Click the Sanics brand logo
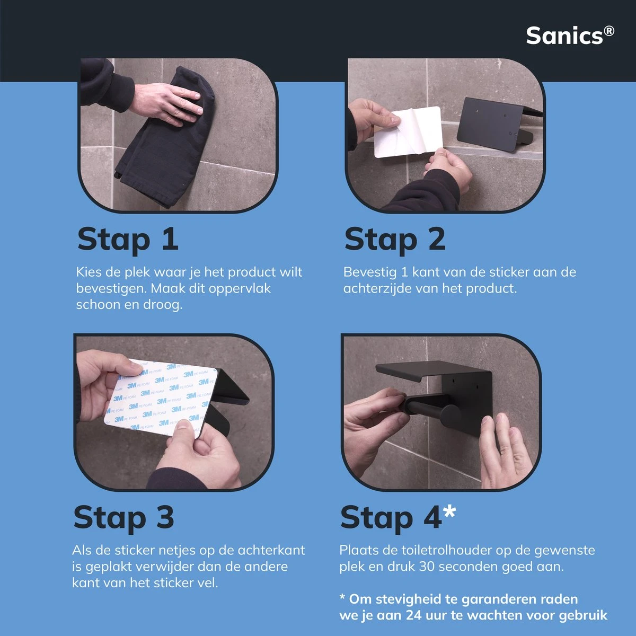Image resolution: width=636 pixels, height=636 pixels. click(570, 36)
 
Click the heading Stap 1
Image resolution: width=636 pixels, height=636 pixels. click(128, 240)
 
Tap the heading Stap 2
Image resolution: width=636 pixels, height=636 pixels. click(395, 240)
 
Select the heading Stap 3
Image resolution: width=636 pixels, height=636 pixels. click(124, 517)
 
